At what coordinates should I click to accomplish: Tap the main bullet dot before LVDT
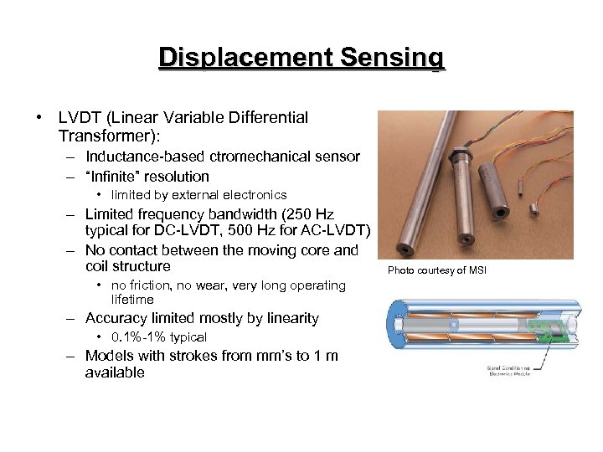click(x=40, y=118)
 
